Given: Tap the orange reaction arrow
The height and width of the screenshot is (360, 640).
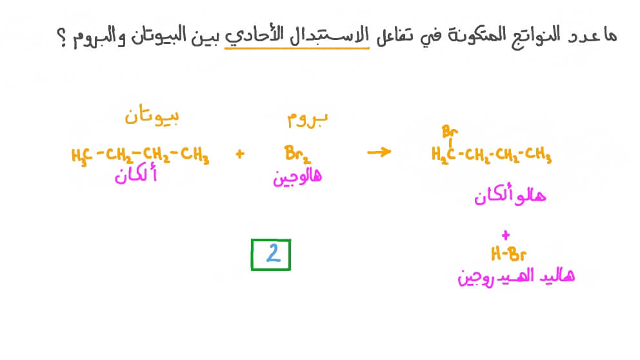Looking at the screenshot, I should tap(379, 153).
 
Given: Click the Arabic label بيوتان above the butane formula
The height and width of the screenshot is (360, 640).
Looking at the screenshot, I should tap(152, 117).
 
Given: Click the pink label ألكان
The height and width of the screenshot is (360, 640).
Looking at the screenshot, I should tap(135, 175).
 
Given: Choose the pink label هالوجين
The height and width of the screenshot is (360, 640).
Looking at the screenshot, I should tap(297, 177).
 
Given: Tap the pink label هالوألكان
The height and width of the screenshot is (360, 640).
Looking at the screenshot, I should tap(509, 195).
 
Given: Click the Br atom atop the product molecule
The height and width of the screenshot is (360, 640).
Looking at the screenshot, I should tap(450, 132).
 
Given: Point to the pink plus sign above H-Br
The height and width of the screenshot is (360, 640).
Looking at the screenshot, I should tap(505, 235).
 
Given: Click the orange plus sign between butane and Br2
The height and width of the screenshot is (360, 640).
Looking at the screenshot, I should tap(241, 155).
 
